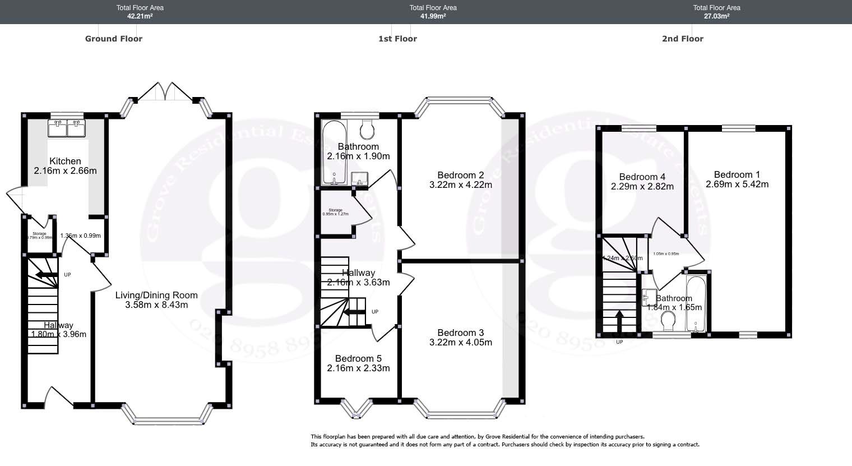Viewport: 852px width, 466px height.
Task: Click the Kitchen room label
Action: [65, 161]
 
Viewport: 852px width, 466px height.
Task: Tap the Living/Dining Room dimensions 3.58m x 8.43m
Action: [156, 305]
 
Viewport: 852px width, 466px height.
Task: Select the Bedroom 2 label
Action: [460, 174]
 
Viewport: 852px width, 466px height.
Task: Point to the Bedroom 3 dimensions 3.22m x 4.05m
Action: [460, 342]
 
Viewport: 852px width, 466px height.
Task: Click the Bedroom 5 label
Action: [358, 358]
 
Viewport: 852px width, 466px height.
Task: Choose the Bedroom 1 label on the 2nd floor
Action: [737, 174]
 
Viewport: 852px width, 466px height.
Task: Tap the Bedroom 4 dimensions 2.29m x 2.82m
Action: [642, 187]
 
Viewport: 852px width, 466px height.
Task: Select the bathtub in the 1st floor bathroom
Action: [335, 151]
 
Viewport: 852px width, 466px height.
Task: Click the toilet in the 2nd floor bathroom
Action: [668, 322]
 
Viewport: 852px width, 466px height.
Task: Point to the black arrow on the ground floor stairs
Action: [46, 275]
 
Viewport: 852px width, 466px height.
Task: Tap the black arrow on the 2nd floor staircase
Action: [619, 322]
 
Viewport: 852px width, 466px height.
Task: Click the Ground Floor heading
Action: [114, 39]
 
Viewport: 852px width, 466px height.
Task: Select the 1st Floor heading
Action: [397, 39]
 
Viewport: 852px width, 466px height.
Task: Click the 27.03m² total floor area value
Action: [716, 16]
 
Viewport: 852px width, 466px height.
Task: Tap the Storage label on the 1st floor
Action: [335, 210]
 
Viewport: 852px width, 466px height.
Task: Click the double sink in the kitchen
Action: [67, 128]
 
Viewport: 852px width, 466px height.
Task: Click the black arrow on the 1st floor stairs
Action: [353, 312]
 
